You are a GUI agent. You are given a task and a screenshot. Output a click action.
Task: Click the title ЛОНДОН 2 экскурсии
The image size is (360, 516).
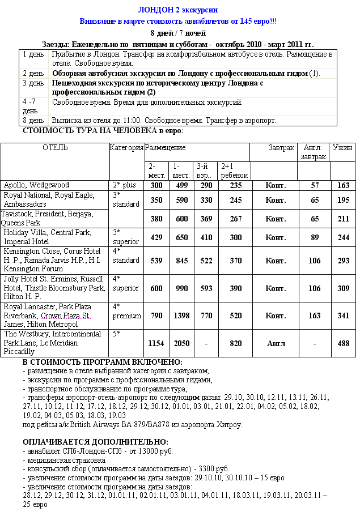178,10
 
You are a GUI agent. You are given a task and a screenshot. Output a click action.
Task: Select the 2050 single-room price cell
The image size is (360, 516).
181,343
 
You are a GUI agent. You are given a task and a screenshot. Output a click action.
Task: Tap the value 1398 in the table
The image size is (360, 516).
181,315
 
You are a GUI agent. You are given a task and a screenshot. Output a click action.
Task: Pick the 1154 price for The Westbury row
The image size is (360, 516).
156,343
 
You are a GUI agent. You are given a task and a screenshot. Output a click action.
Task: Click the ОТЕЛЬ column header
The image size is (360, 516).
55,148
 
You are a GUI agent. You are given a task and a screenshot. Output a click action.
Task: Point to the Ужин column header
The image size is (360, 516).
342,148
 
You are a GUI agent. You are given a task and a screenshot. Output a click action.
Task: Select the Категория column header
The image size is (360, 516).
126,148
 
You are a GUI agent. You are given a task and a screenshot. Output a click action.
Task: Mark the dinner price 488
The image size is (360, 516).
343,343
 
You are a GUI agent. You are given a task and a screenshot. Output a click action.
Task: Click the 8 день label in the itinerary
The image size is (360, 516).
33,121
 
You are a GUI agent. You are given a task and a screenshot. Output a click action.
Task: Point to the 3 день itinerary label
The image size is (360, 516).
33,83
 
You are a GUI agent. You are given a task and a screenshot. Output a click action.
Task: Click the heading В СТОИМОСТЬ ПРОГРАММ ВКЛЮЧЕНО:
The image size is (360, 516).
102,362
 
